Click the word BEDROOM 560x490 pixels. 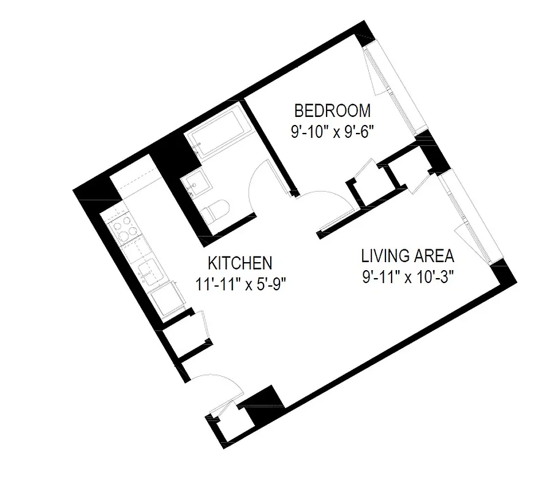(332, 111)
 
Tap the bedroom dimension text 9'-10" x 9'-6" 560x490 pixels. (332, 130)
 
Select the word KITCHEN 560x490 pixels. (240, 263)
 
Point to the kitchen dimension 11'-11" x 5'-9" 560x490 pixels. (240, 283)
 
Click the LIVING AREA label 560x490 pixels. (407, 255)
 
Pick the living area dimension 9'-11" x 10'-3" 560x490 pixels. (407, 274)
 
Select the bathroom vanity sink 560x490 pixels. (195, 182)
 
